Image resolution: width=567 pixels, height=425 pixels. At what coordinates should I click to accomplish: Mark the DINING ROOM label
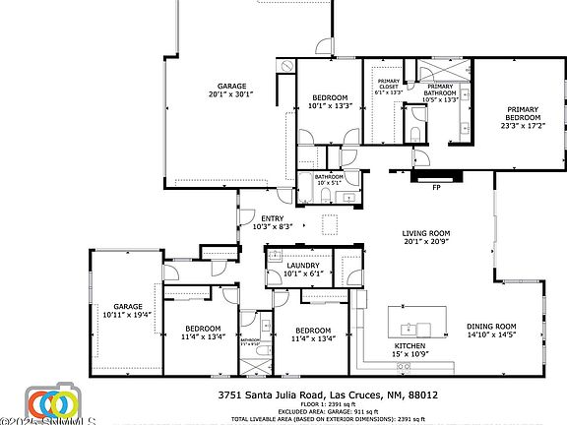[490, 331]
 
